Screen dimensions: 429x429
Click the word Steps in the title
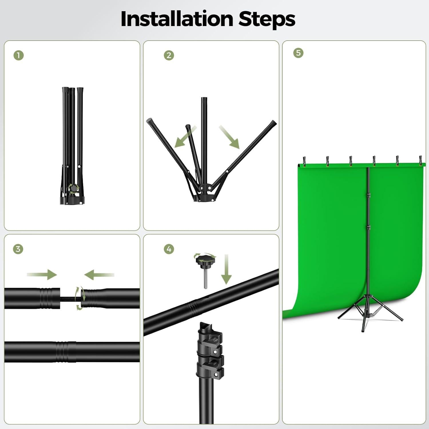coord(267,19)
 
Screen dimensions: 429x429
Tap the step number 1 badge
coord(19,55)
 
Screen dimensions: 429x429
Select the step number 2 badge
coord(169,55)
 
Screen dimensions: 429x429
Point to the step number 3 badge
coord(18,249)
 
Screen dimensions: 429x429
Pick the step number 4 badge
coord(169,249)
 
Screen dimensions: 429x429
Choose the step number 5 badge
coord(298,53)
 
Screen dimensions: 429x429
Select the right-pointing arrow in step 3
coord(42,275)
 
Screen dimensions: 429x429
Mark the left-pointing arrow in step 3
coord(99,275)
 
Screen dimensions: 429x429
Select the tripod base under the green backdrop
coord(369,315)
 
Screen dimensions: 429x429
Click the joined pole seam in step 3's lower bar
coord(63,352)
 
